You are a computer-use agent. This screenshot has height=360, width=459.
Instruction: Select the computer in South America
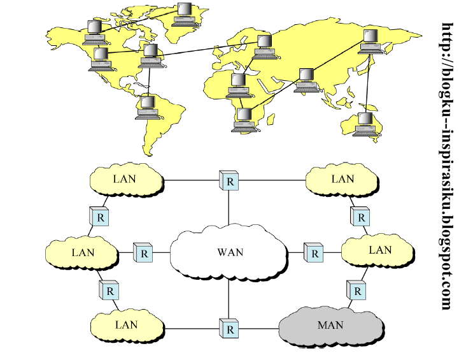point(148,107)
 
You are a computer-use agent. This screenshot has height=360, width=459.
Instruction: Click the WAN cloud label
point(230,252)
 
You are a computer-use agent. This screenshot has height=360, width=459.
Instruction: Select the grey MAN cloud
point(330,326)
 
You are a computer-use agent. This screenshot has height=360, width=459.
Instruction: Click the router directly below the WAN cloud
point(229,329)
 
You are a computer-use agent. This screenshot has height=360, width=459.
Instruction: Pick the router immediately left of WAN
point(143,252)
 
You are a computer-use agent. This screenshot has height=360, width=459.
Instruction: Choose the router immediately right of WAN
point(313,252)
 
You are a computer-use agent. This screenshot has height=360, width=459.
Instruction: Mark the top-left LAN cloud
point(125,179)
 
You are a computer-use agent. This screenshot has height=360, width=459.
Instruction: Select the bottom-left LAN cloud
point(126,325)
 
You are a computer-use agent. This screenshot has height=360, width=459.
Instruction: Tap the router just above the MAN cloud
point(358,291)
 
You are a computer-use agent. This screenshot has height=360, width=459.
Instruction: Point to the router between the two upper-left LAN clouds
point(99,216)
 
